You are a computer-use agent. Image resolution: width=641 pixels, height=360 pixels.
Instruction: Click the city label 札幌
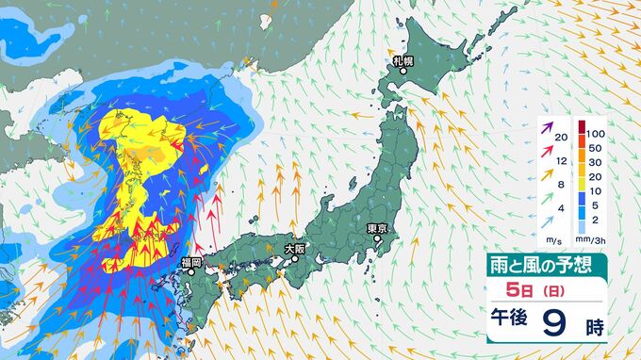[x=403, y=63]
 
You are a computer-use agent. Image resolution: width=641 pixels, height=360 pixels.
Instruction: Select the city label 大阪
[x=295, y=249]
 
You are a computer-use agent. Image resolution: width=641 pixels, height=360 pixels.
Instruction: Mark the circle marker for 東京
[x=378, y=239]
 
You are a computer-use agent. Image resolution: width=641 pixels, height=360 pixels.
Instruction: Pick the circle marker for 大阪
[x=295, y=260]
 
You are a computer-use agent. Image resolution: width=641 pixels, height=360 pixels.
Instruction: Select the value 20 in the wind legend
[x=561, y=139]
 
